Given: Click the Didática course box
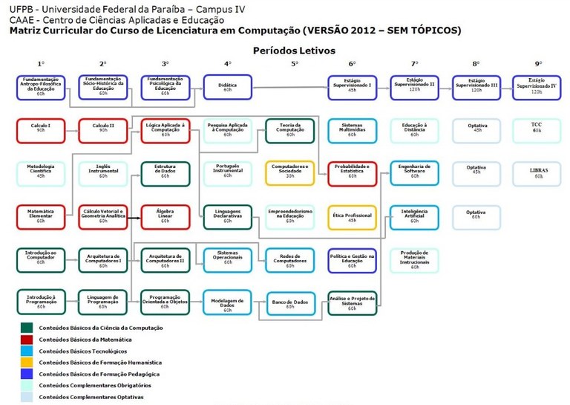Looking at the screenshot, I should (227, 87).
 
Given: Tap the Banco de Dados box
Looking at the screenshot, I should (290, 302).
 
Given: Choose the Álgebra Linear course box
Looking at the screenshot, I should (165, 216).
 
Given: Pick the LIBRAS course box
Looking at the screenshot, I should (536, 173).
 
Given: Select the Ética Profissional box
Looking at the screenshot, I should (352, 216).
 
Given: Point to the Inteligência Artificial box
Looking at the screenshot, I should (414, 216).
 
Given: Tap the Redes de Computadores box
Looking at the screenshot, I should (290, 259).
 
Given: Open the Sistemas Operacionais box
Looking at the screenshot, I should (227, 259).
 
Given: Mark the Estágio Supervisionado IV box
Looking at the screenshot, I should (536, 87).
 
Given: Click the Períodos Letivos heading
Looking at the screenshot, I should (294, 51).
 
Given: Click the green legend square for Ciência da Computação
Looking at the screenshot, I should (27, 328).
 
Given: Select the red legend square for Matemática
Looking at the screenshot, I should (27, 339).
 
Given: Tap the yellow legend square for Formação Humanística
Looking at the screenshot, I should (27, 363).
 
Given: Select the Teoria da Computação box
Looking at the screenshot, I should (290, 130).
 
